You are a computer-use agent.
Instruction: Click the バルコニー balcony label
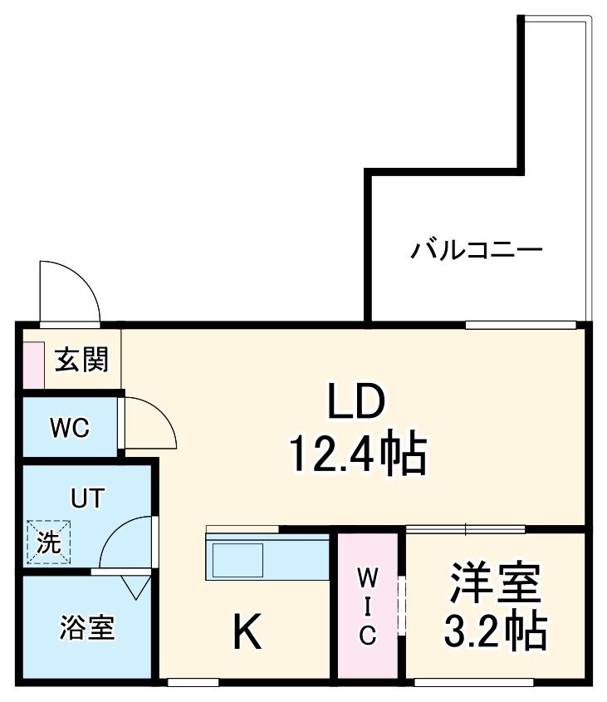click(x=477, y=249)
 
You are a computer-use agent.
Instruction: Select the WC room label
click(x=69, y=428)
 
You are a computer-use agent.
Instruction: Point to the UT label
click(x=86, y=499)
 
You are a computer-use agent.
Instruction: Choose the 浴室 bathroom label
click(x=86, y=628)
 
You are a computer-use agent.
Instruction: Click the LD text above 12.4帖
click(x=356, y=404)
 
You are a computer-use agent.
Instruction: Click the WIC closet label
click(x=368, y=605)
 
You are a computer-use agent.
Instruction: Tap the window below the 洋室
click(x=473, y=683)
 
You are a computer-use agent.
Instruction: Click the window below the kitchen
click(x=193, y=683)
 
